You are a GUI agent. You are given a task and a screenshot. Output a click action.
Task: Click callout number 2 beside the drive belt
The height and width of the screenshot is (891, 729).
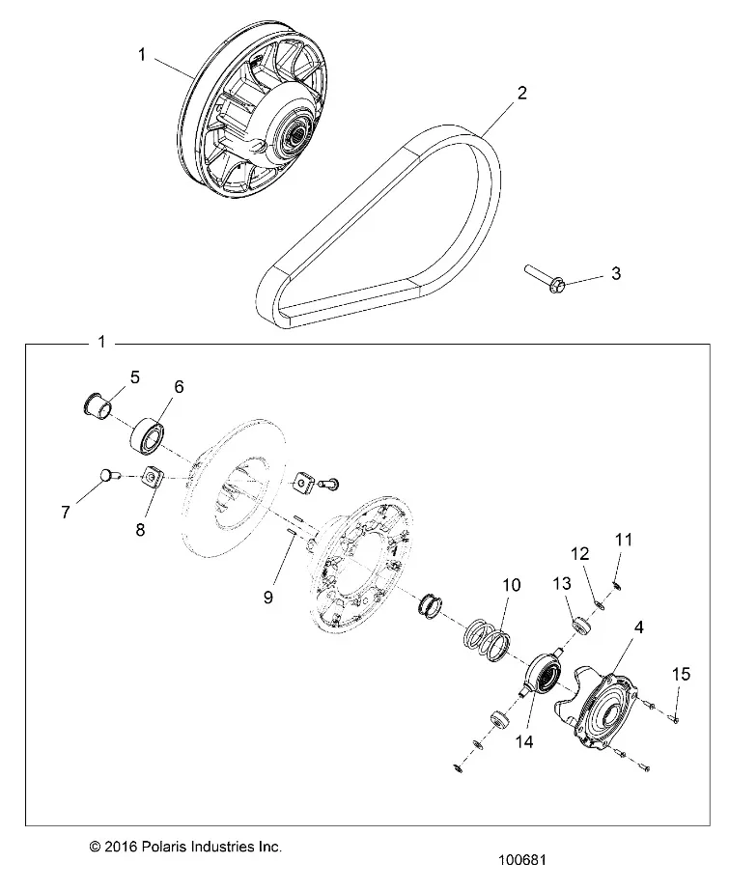[x=521, y=94]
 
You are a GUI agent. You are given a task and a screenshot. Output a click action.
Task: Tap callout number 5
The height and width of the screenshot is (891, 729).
[x=134, y=376]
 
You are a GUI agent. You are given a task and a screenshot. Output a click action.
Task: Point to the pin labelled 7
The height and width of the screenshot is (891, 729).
[x=106, y=474]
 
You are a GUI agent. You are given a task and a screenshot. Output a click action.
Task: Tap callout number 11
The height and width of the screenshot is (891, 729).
[x=623, y=540]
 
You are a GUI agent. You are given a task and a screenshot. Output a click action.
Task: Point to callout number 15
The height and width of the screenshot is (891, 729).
[x=681, y=673]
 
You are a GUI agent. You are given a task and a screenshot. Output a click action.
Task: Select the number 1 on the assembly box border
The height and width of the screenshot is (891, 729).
[x=102, y=343]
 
